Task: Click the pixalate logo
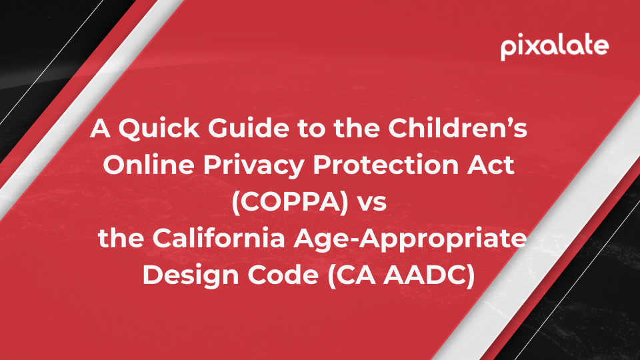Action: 555,47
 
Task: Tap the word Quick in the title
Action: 159,129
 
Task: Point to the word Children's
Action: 457,128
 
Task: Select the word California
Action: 219,238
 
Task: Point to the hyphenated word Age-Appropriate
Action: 410,239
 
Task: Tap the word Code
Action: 283,275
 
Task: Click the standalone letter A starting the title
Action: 101,128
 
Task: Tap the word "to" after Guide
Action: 311,129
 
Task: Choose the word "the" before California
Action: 121,238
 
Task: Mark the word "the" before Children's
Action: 356,128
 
